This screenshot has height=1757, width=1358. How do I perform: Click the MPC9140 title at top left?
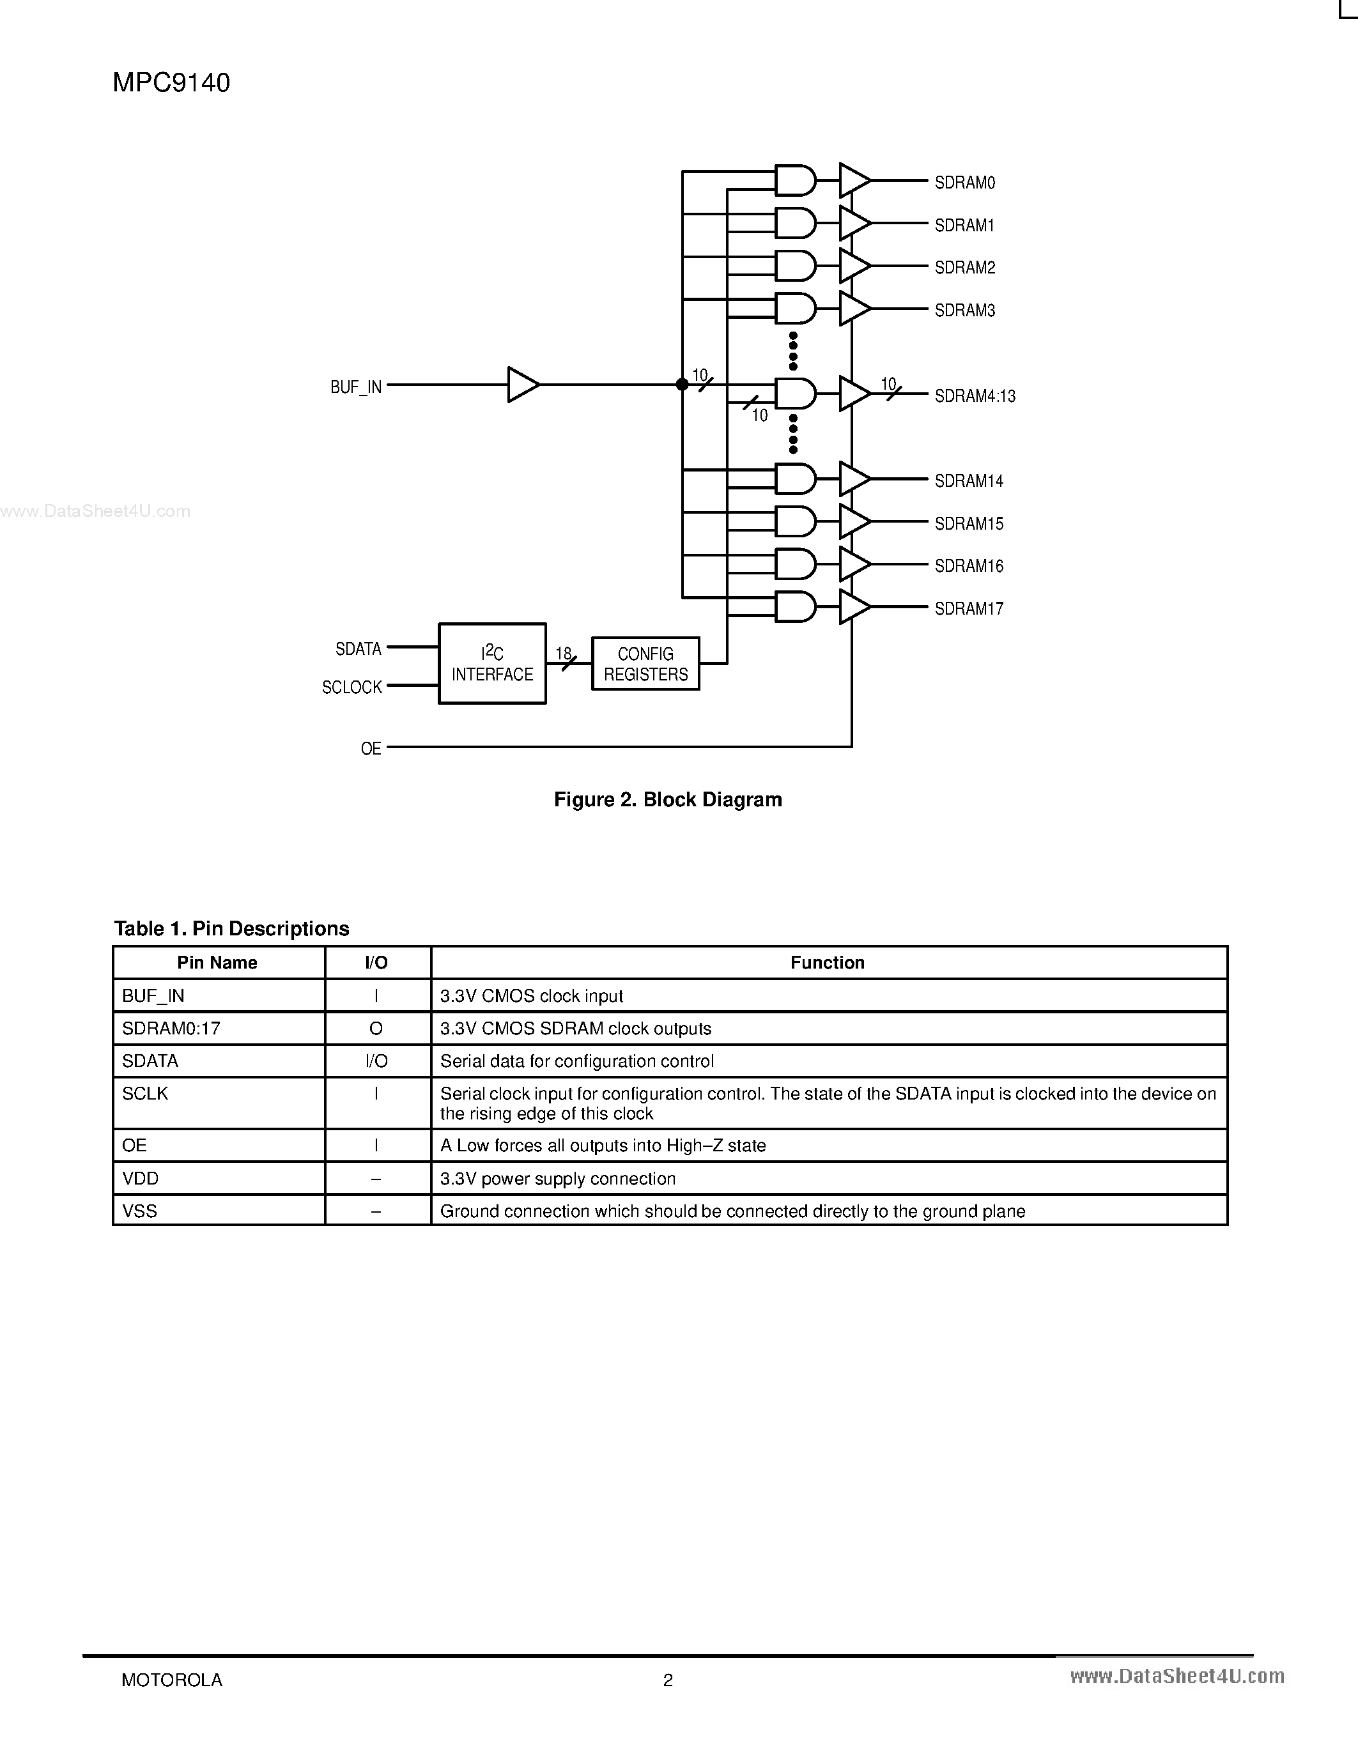click(171, 83)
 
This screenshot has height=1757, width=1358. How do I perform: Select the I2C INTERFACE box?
click(491, 664)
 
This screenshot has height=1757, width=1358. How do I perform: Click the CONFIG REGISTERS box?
click(645, 664)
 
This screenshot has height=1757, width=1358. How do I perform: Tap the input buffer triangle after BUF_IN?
click(521, 385)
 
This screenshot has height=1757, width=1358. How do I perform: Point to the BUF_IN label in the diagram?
click(355, 387)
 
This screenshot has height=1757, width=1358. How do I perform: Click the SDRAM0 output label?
click(964, 183)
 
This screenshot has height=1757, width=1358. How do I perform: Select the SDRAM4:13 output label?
click(975, 396)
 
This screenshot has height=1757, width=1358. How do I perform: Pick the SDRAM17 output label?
click(969, 609)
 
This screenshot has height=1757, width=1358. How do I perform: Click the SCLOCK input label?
click(351, 687)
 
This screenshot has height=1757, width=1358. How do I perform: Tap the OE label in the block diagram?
click(371, 749)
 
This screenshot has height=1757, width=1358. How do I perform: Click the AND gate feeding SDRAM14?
click(795, 479)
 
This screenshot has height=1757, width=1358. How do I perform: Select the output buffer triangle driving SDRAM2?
click(853, 266)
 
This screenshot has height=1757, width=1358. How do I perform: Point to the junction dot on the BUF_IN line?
click(683, 385)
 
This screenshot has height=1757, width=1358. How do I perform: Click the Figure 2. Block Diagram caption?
click(668, 800)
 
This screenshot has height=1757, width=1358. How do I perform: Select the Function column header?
click(827, 963)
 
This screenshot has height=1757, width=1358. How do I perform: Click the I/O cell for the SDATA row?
click(376, 1061)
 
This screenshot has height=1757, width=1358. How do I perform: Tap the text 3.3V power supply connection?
click(557, 1179)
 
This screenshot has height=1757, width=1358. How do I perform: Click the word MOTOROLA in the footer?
click(171, 1680)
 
